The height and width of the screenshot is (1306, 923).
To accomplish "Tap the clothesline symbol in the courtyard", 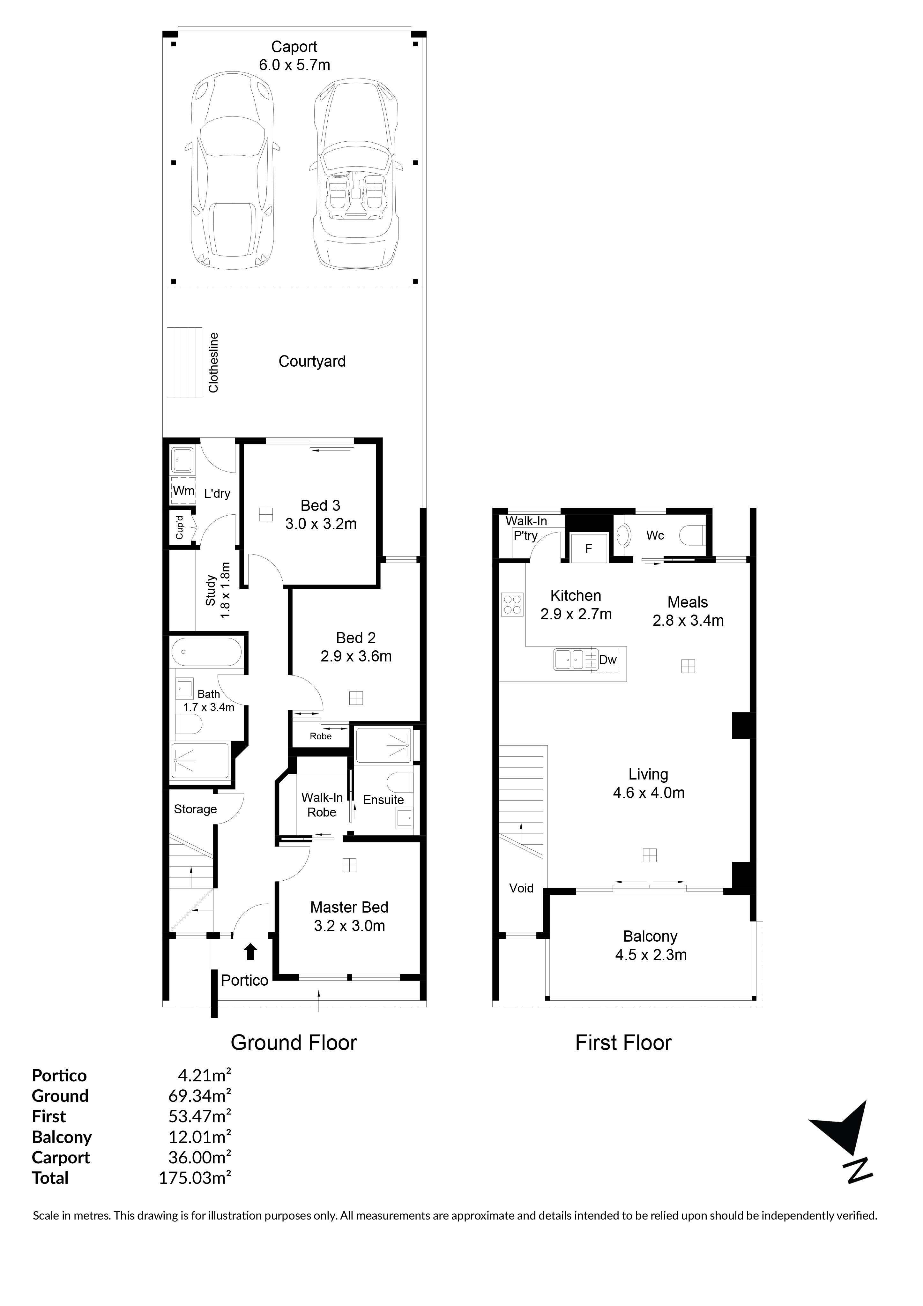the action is tap(184, 363).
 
